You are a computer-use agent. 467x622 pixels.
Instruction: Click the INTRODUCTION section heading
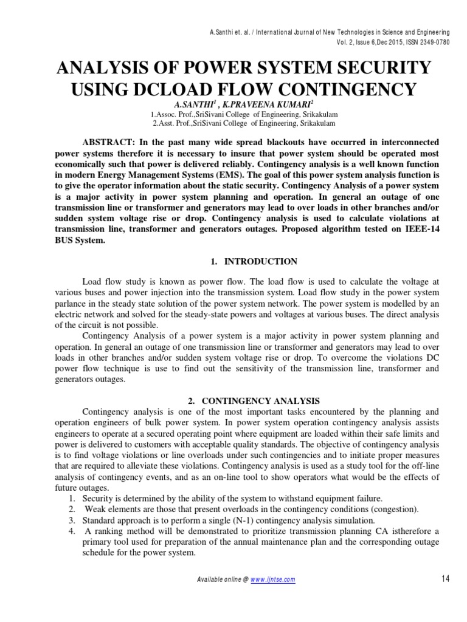261,261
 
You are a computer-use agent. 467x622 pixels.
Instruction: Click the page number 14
445,579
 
